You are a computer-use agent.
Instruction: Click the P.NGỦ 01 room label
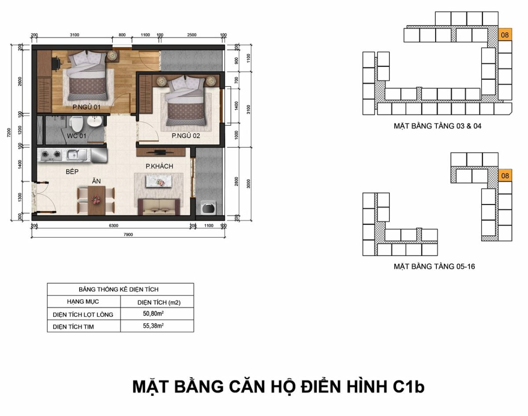86,107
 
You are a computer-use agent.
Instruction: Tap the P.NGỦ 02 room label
186,135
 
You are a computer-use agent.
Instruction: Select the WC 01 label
77,135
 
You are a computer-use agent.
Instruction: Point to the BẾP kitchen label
72,172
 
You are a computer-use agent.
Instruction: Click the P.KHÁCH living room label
159,166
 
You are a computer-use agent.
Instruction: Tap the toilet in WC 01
77,124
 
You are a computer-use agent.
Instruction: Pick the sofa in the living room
159,207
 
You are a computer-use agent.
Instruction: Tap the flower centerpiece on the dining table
96,199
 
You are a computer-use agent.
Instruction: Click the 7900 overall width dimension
128,234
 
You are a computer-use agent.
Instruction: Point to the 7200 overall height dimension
9,132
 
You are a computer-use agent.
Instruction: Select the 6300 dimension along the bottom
114,226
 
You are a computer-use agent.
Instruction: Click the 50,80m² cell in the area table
154,314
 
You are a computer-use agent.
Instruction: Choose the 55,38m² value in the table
154,326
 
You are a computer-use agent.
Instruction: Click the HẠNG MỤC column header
83,302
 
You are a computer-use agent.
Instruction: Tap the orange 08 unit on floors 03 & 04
505,35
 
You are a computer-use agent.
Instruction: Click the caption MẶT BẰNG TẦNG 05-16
434,266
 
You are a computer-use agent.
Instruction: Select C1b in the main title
409,387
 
